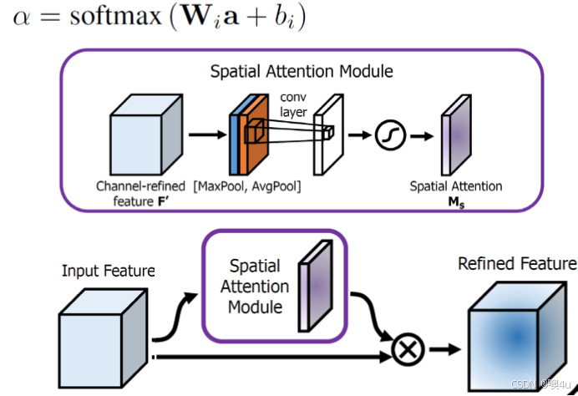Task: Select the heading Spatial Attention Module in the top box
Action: click(302, 73)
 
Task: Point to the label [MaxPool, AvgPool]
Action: click(248, 186)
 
